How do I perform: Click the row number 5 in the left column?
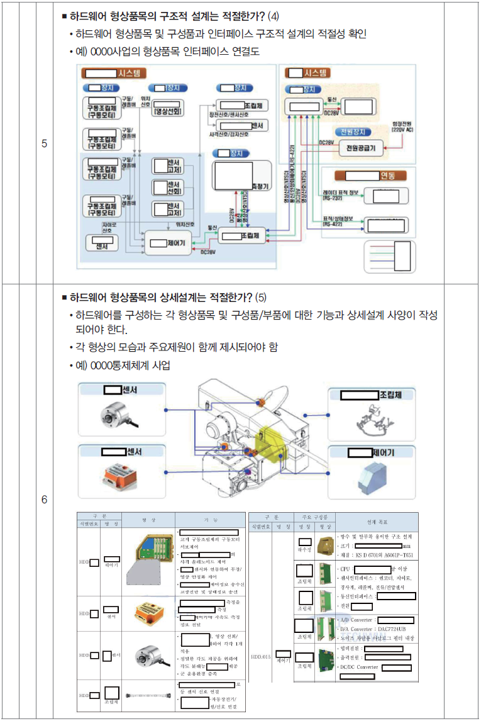tap(44, 143)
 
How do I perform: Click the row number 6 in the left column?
tap(44, 500)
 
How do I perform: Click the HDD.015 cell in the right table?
tap(260, 657)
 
